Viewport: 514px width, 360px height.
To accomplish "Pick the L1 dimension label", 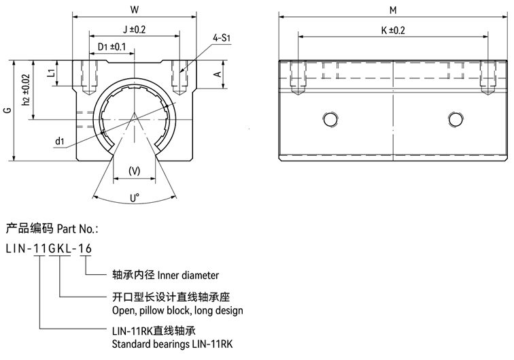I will point(50,73).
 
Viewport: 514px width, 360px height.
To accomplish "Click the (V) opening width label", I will point(135,171).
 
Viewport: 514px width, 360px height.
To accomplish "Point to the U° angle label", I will point(135,198).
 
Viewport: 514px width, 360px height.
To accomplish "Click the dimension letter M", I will point(393,10).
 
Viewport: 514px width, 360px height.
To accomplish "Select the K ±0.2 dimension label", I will point(393,30).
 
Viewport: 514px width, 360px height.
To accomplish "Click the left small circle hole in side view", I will point(331,120).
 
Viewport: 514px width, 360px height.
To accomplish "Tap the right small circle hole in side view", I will point(455,120).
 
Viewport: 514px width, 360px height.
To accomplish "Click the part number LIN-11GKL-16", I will point(48,248).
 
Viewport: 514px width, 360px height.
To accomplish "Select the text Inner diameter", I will point(188,276).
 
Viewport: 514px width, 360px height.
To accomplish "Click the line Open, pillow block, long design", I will point(177,310).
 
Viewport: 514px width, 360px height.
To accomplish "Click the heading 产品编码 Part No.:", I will point(52,228).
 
